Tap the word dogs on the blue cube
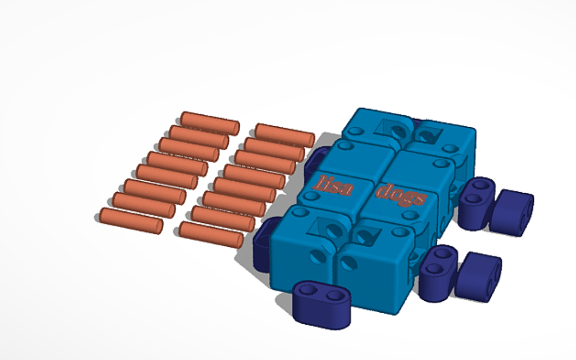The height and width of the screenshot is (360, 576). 401,195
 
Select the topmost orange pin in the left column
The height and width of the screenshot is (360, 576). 210,123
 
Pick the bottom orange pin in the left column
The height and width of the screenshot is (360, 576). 131,221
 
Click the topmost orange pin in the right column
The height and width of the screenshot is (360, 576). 285,136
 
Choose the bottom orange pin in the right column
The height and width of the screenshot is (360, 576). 211,234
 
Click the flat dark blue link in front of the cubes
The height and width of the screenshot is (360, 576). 322,304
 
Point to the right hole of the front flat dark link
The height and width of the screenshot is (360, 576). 335,295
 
